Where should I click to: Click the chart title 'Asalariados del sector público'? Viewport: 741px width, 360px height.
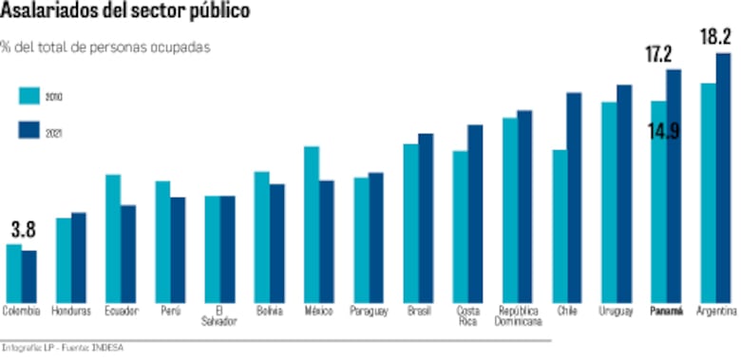tap(126, 12)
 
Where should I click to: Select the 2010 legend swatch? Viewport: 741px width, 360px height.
tap(29, 97)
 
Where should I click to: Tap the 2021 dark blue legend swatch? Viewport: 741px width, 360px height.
tap(29, 133)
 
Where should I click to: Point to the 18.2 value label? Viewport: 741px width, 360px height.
tap(714, 38)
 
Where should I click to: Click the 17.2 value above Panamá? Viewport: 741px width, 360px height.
tap(659, 55)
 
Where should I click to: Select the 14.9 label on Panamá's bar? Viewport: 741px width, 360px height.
tap(663, 131)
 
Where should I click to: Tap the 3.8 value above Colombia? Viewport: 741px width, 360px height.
tap(24, 229)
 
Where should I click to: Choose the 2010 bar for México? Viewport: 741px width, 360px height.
tap(311, 222)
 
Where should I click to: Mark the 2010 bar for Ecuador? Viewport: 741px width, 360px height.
tap(112, 237)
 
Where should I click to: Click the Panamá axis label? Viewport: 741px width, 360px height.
tap(665, 312)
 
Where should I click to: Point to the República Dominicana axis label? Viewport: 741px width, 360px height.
tap(518, 316)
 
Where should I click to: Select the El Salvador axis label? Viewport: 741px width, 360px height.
tap(219, 316)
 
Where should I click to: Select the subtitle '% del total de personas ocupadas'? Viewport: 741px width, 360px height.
tap(105, 46)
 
